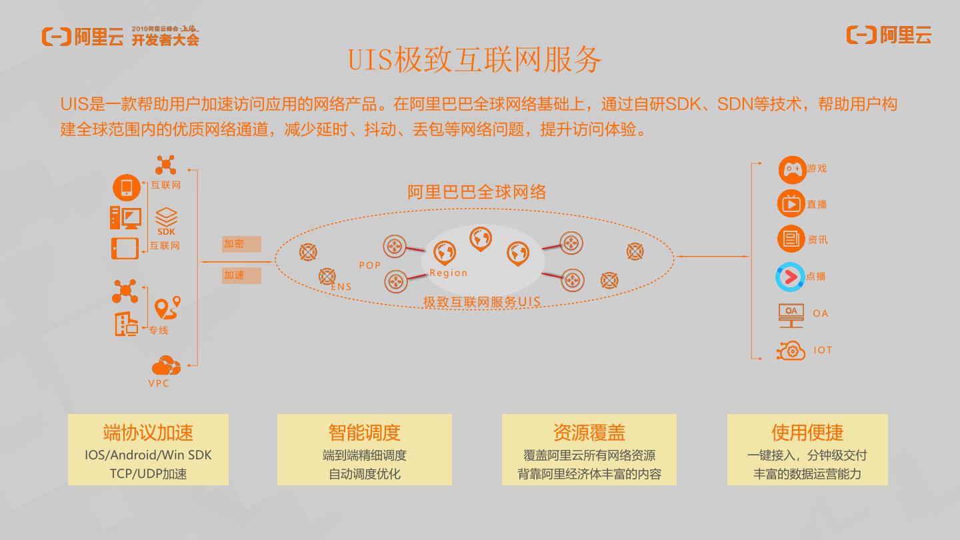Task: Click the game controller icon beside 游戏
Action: tap(792, 169)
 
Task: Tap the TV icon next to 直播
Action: tap(791, 203)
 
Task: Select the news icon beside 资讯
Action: tap(791, 239)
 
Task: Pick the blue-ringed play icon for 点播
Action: tap(791, 277)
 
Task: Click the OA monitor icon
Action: tap(791, 315)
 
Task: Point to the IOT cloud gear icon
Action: tap(791, 351)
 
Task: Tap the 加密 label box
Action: tap(241, 245)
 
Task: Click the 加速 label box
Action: tap(241, 275)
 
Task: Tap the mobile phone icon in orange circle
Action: tap(127, 187)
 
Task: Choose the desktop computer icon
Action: tap(125, 217)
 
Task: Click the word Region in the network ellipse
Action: tap(448, 273)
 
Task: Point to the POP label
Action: tap(370, 265)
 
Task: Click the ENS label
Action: tap(341, 287)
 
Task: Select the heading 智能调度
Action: tap(364, 432)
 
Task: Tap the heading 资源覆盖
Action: tap(589, 432)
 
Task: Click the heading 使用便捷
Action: tap(807, 432)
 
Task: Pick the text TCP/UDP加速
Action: tap(148, 474)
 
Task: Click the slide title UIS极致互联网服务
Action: tap(475, 60)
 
